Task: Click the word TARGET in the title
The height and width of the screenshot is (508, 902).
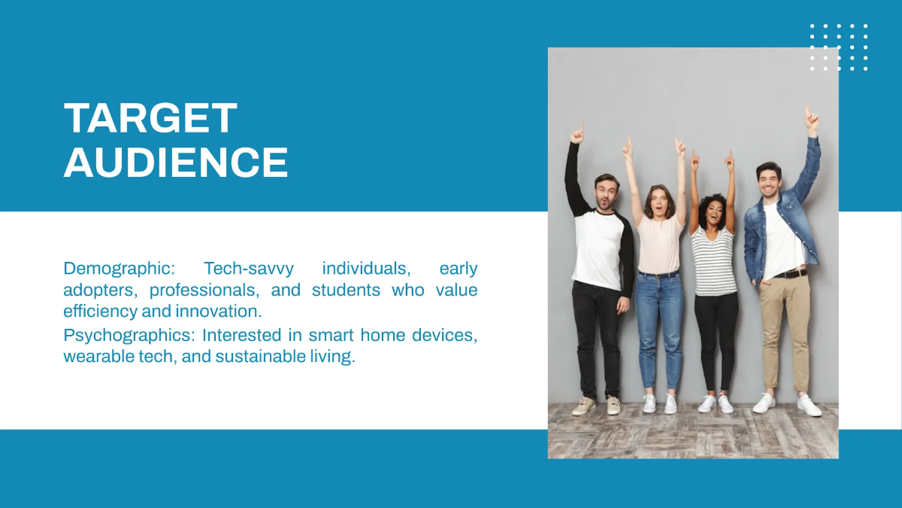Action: tap(150, 117)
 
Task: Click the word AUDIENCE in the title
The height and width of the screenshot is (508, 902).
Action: tap(176, 162)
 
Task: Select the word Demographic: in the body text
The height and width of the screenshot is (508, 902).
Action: tap(120, 269)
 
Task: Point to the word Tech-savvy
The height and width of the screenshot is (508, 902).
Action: tap(249, 269)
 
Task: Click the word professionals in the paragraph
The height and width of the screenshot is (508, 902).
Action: tap(204, 291)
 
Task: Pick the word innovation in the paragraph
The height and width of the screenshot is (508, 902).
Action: tap(218, 312)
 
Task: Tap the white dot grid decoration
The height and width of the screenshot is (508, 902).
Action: tap(839, 47)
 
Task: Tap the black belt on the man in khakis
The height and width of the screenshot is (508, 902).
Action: tap(790, 274)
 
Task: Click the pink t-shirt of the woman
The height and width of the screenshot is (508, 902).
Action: tap(660, 245)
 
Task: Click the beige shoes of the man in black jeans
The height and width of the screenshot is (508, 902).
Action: tap(596, 406)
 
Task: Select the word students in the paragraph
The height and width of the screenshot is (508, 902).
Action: tap(346, 291)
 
